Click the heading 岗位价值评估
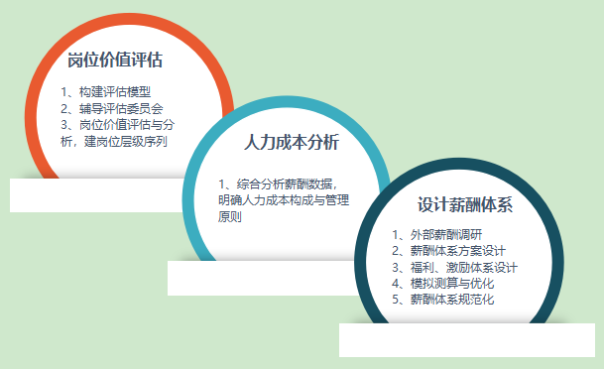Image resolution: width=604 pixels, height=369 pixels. (x=115, y=61)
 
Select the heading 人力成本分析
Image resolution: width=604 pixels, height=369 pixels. (x=291, y=142)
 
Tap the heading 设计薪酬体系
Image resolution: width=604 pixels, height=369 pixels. (x=464, y=206)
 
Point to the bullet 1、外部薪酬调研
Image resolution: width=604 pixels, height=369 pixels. (x=436, y=235)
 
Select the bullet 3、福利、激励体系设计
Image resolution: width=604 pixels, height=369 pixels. (x=454, y=267)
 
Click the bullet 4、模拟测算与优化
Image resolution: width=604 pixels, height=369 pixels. (x=442, y=283)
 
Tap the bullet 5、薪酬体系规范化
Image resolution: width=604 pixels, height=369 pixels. (x=442, y=299)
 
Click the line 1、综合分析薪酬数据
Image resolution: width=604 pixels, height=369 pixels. (x=278, y=184)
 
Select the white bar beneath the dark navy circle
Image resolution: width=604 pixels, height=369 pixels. (x=465, y=340)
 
